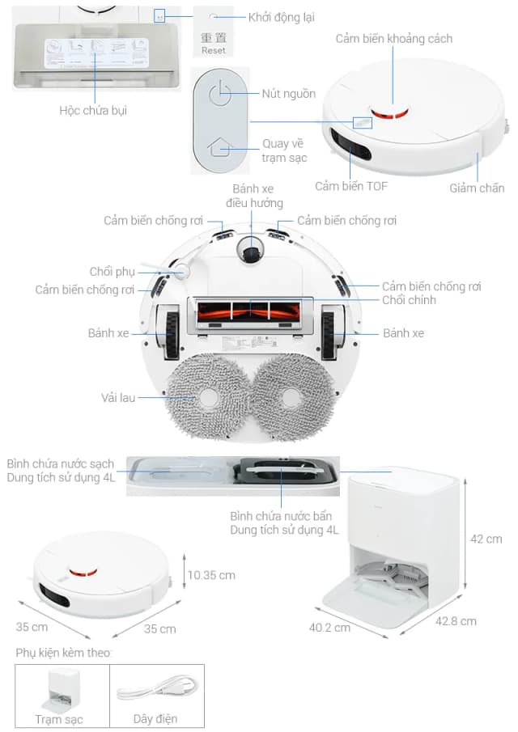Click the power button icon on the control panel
coord(215,94)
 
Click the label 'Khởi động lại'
coord(281,17)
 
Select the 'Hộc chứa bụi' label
coord(93,110)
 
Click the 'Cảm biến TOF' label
coord(351,186)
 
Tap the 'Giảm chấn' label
coord(477,188)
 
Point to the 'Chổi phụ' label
coord(113,271)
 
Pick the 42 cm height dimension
coord(487,539)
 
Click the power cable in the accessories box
coord(156,692)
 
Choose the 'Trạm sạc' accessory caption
coord(58,718)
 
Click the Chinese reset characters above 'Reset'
coord(214,37)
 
